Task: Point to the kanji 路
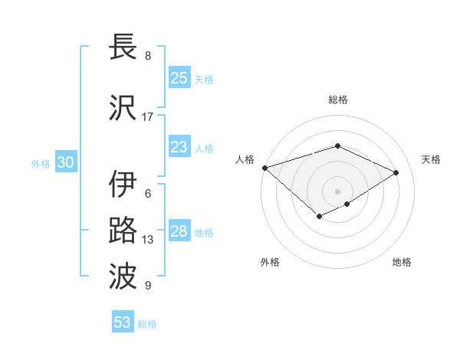click(x=123, y=231)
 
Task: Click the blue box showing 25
click(x=179, y=78)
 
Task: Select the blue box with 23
click(x=179, y=147)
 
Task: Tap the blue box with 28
click(x=179, y=231)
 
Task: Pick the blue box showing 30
click(x=65, y=162)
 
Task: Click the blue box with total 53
click(x=123, y=322)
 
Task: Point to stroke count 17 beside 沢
click(x=148, y=116)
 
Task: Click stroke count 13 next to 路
click(x=148, y=240)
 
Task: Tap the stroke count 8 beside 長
click(x=148, y=56)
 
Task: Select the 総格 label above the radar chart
click(x=337, y=100)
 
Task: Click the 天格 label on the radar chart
click(x=431, y=159)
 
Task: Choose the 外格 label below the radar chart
click(x=270, y=262)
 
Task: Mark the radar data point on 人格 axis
click(x=264, y=168)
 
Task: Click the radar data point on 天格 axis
click(x=396, y=172)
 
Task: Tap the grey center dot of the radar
click(x=337, y=191)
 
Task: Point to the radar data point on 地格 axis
click(x=347, y=204)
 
